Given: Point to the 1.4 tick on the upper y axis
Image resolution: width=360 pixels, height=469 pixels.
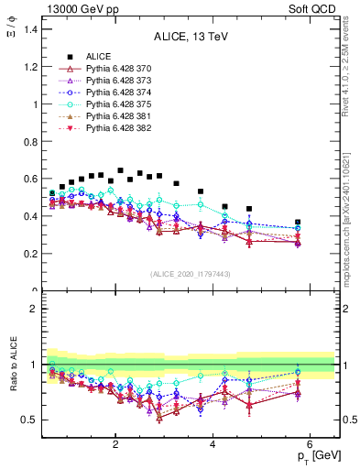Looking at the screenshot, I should [x=29, y=29].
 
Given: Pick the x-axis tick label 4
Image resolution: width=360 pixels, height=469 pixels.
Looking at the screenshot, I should [x=213, y=445].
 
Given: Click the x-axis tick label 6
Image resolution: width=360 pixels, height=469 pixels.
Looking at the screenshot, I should [x=311, y=445].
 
